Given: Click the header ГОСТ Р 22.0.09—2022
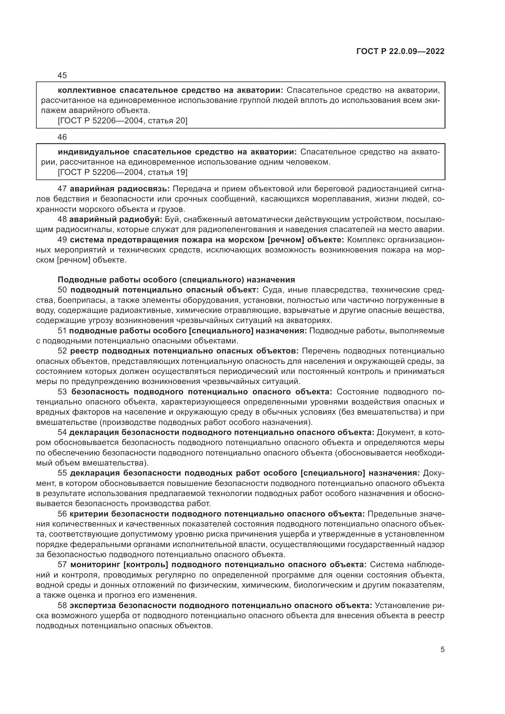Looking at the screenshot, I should [x=400, y=52].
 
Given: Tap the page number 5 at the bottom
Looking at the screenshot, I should [x=442, y=650].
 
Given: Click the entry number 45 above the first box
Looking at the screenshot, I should [x=62, y=76].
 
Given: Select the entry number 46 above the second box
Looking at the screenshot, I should [x=62, y=137].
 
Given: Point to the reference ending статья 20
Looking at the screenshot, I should [x=122, y=121].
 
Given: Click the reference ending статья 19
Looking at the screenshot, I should [x=122, y=172].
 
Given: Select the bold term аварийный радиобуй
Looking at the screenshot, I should [x=116, y=219].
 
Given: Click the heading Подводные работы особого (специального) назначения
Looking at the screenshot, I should [x=176, y=280].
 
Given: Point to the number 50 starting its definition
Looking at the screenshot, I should [x=62, y=290].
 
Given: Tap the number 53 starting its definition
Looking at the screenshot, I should [x=62, y=392].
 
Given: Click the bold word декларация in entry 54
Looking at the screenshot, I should [x=94, y=433].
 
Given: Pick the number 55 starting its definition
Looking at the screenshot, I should [x=62, y=473].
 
